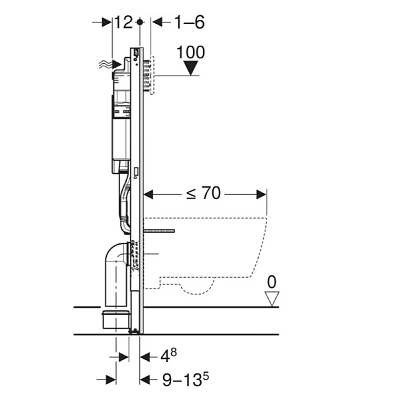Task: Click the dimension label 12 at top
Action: tap(123, 22)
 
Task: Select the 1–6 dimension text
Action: tap(189, 22)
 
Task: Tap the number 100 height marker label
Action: tap(190, 52)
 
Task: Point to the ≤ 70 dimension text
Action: tap(204, 193)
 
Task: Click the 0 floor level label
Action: tap(271, 282)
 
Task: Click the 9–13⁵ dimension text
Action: tap(186, 379)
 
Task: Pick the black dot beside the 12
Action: tap(140, 22)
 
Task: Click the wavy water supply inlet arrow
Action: tap(110, 64)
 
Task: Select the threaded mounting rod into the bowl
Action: tap(159, 231)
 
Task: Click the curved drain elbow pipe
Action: tap(117, 274)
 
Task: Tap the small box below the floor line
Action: tap(115, 319)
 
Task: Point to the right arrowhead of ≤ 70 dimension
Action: tap(261, 194)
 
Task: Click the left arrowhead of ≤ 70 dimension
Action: tap(149, 194)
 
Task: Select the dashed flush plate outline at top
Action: tap(152, 75)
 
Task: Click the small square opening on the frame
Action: tap(135, 172)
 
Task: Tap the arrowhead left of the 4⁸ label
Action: tap(145, 357)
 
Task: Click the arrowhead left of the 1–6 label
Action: tap(157, 22)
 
